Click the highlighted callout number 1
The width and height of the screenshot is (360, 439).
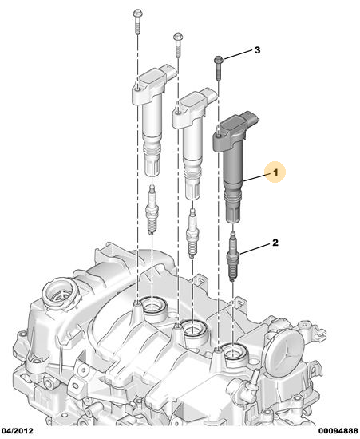275,172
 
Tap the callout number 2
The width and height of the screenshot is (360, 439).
275,243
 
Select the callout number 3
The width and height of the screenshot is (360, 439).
257,50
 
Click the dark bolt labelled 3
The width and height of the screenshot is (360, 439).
218,69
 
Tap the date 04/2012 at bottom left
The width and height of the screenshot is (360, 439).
17,430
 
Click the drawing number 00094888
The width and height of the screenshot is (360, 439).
338,430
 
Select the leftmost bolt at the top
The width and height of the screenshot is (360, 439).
137,22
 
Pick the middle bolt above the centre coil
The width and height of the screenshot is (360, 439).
178,45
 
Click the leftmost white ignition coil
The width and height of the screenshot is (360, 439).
152,121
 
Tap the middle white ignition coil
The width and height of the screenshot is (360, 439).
192,144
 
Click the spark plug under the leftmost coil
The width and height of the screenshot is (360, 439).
152,209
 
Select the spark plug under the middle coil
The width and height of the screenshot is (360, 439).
192,233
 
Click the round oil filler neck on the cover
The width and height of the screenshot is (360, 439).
60,294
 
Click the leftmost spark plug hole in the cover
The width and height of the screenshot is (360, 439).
152,309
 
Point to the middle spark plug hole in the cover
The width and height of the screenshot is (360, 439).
193,332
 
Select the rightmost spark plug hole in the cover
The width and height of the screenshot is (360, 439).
234,355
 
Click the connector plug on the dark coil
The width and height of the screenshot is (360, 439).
251,119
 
